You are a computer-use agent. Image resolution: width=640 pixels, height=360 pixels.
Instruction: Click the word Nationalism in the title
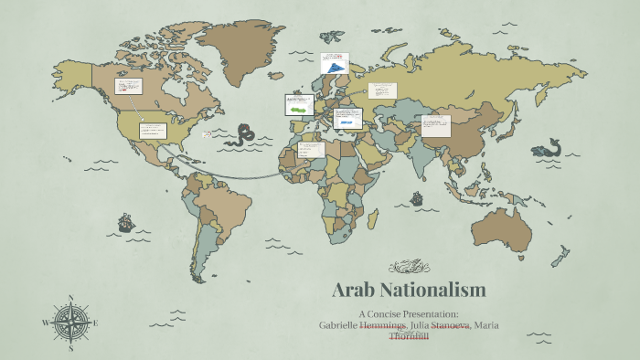click(437, 291)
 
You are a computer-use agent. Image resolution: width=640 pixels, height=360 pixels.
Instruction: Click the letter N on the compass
click(70, 298)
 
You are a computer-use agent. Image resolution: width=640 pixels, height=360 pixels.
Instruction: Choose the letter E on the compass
click(95, 323)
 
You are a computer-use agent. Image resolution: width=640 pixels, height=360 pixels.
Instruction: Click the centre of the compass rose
click(70, 323)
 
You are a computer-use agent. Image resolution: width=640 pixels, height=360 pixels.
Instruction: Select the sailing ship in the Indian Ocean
click(417, 197)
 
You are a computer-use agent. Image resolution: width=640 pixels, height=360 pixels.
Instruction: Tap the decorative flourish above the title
click(408, 267)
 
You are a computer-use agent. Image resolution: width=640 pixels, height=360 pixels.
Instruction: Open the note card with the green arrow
click(298, 104)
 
